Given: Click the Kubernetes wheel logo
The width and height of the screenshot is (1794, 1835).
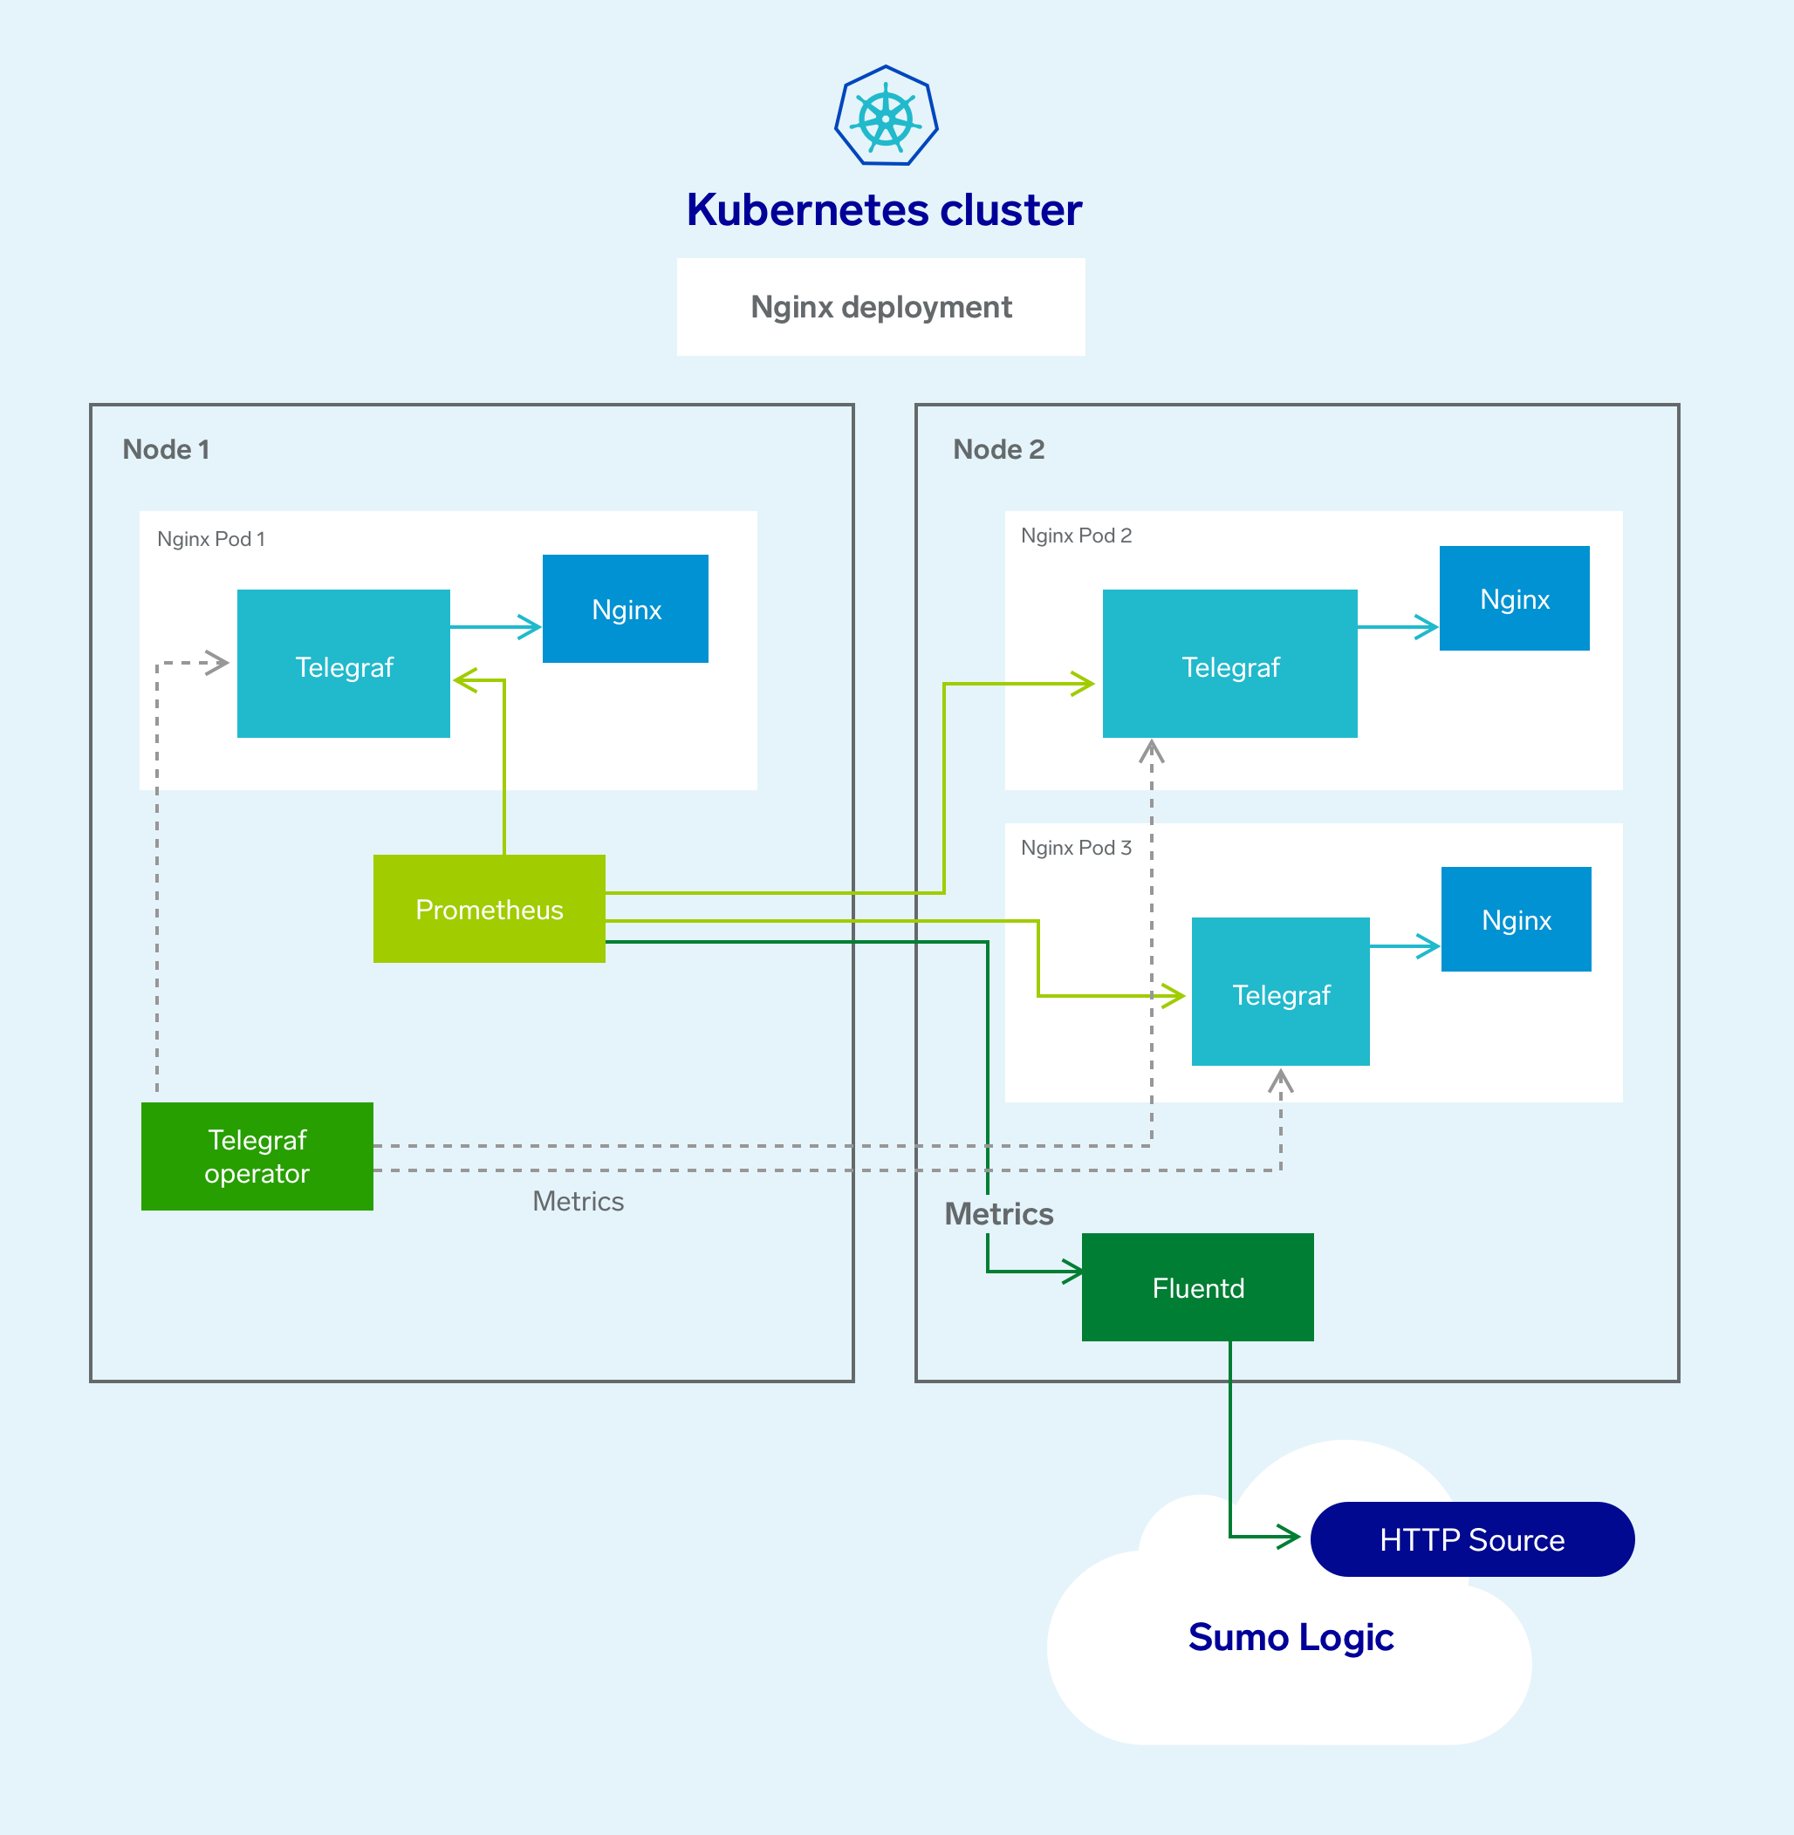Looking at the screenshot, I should [x=886, y=117].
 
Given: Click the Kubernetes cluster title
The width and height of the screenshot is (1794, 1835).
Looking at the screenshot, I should [x=884, y=209].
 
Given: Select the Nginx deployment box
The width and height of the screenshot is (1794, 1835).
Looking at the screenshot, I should [x=881, y=307].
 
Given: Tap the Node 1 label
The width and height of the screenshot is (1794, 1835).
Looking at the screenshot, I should [x=166, y=449].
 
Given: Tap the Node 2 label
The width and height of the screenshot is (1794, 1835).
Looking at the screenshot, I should [x=999, y=449].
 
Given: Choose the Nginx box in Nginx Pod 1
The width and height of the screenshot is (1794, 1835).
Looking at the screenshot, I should [x=626, y=610].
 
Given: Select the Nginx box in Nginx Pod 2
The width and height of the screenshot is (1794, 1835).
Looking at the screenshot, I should [x=1514, y=599].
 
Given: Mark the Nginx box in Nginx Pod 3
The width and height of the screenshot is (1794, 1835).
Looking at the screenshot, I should [x=1516, y=919].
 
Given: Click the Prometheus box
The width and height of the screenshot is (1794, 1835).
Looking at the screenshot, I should [x=489, y=909].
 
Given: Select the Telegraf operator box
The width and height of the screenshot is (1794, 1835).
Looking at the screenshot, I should [x=257, y=1156].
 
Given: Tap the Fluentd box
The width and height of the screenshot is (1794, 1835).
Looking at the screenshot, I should [x=1197, y=1287].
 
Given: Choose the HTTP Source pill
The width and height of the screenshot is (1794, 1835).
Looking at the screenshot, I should [x=1472, y=1539].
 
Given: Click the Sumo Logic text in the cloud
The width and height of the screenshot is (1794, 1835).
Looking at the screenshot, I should [x=1291, y=1637].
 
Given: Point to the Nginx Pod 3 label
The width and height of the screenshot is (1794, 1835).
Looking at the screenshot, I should [x=1076, y=848].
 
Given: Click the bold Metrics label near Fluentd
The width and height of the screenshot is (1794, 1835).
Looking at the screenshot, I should [x=999, y=1214].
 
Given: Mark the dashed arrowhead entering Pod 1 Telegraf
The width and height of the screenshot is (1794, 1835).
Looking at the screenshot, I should [x=220, y=663].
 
